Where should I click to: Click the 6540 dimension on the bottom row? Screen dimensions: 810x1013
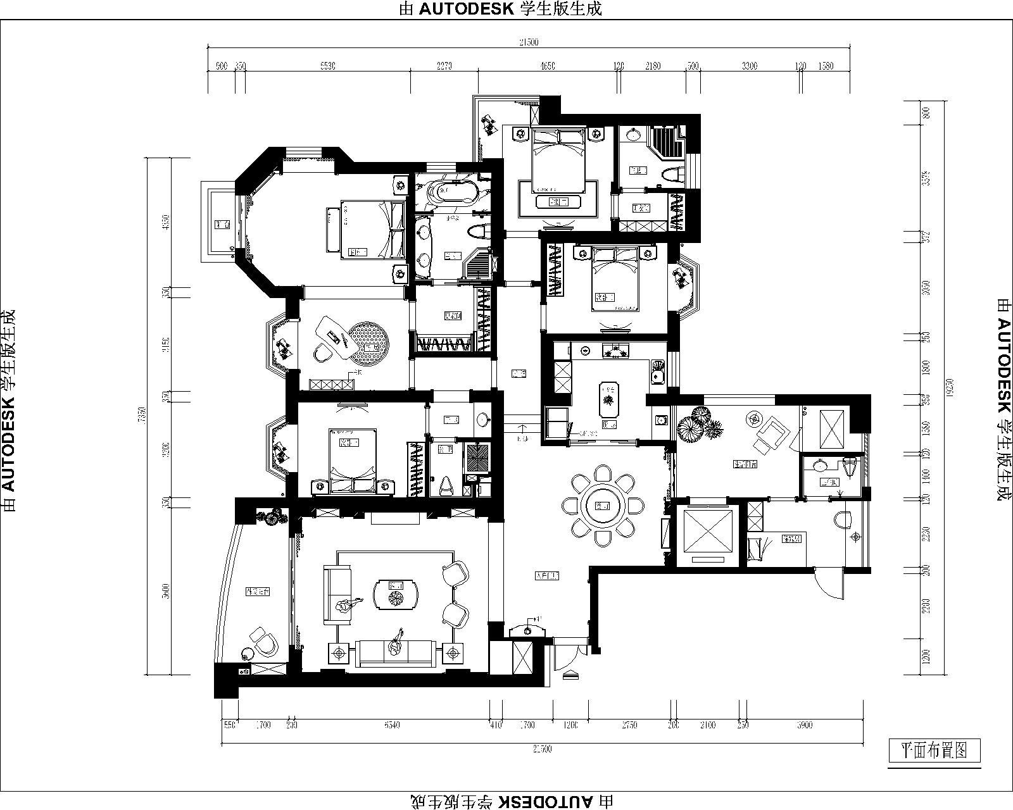click(392, 725)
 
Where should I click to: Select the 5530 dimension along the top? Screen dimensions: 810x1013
click(327, 66)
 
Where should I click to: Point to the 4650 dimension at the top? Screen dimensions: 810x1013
click(548, 66)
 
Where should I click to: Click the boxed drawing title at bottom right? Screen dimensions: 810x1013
click(934, 751)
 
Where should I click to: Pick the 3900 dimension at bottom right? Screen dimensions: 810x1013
click(804, 725)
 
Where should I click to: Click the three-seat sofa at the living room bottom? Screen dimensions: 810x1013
click(396, 652)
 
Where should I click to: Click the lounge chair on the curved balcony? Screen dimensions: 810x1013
click(263, 642)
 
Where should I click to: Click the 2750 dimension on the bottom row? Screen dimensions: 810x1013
click(629, 725)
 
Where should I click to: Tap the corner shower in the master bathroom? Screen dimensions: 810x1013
click(480, 265)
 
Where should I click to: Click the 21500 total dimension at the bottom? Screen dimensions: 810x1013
click(543, 749)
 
